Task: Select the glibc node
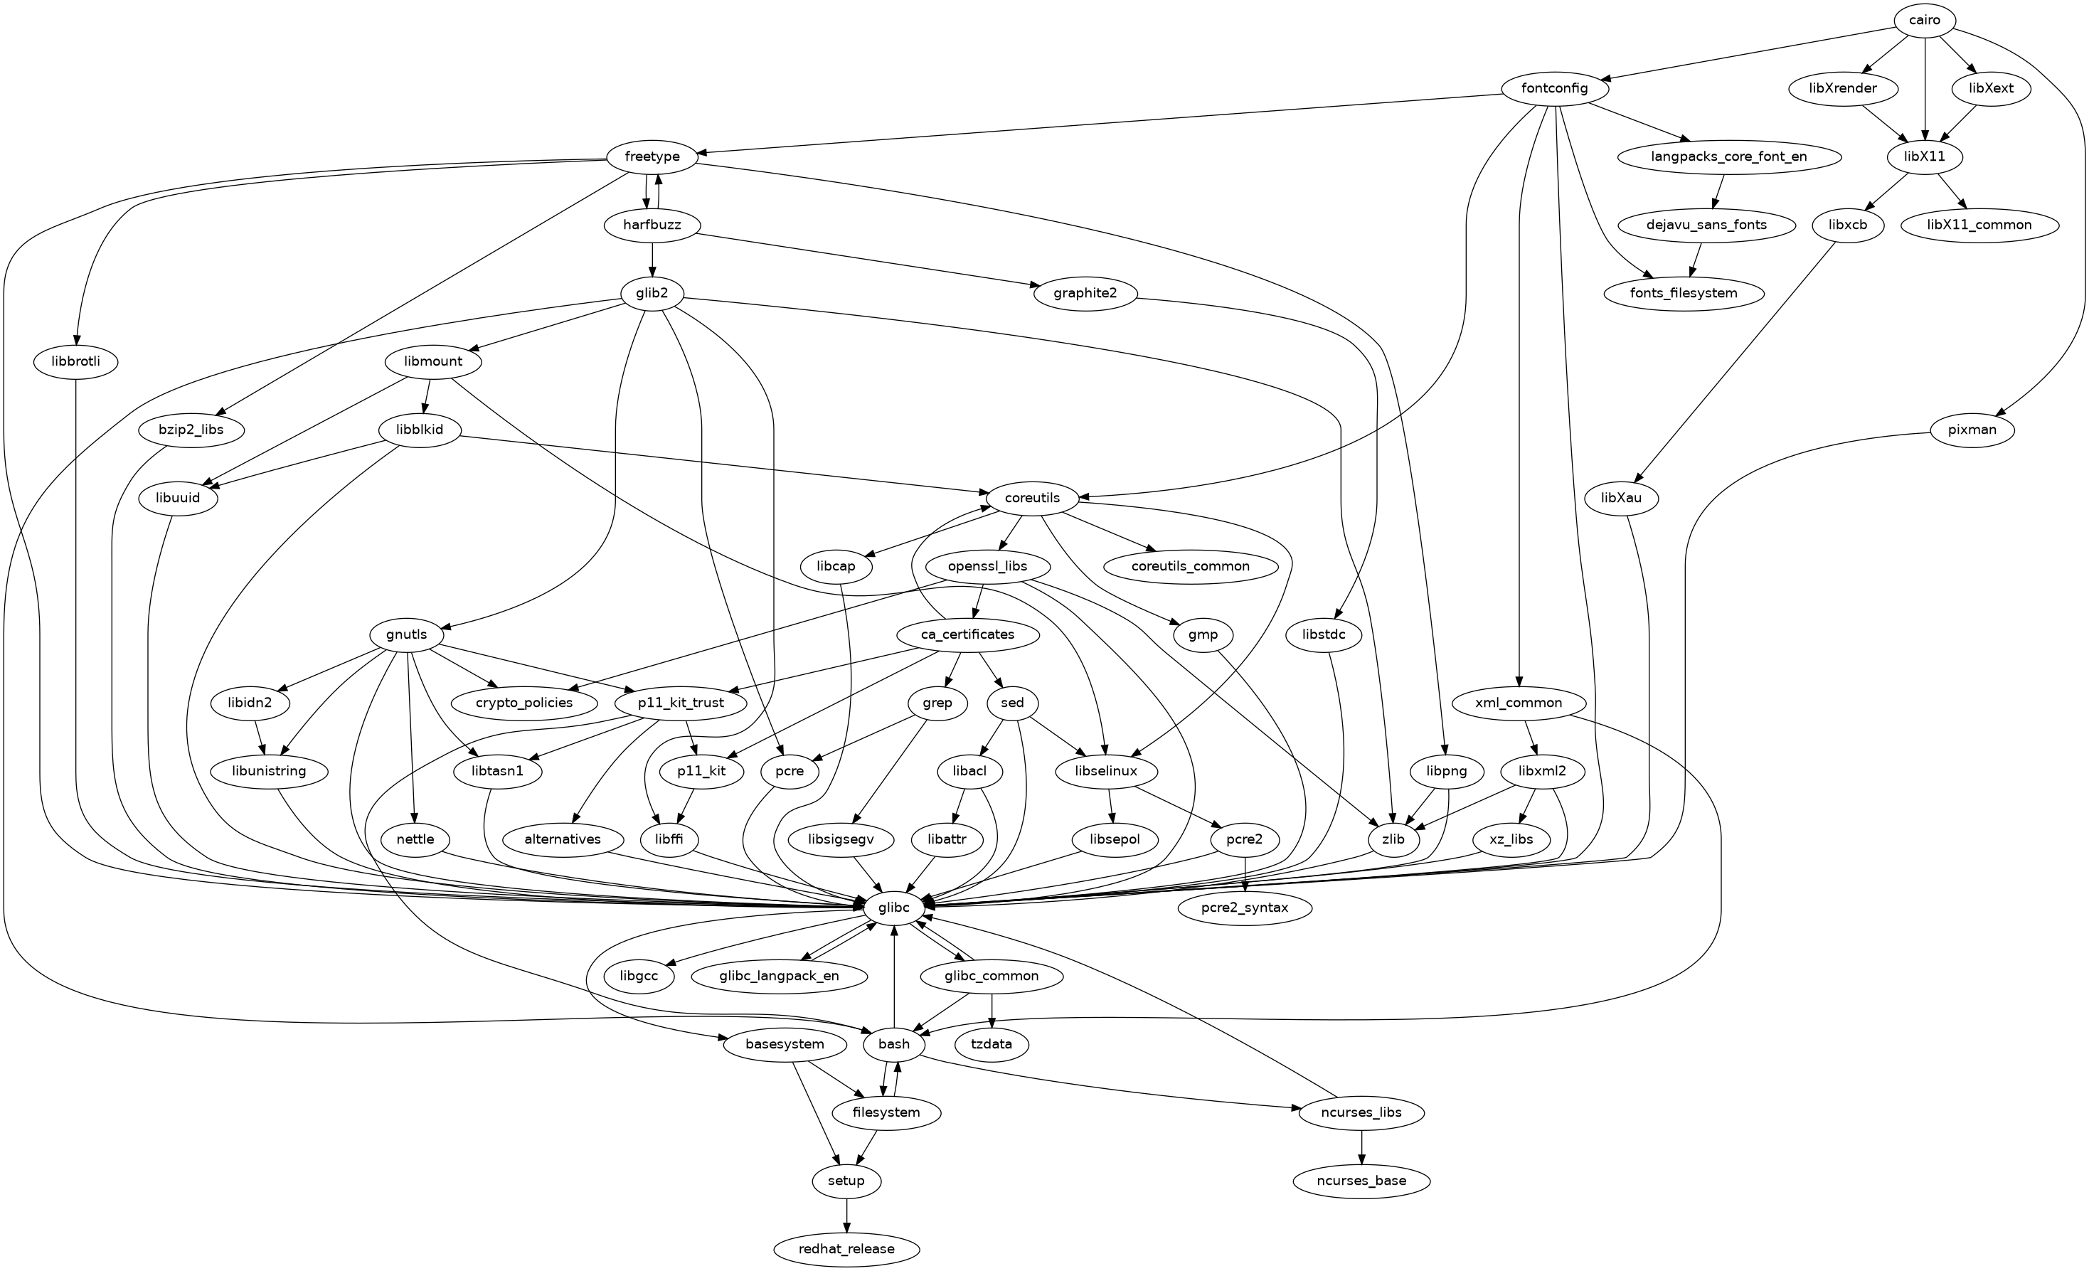click(x=893, y=908)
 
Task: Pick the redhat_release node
click(x=846, y=1249)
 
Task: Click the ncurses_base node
click(x=1361, y=1181)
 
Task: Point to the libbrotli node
click(x=75, y=362)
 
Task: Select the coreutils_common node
click(x=1191, y=566)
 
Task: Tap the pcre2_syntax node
click(x=1245, y=908)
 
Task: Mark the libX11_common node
click(x=1979, y=225)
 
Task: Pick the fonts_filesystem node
click(x=1684, y=293)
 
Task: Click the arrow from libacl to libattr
click(x=955, y=806)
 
